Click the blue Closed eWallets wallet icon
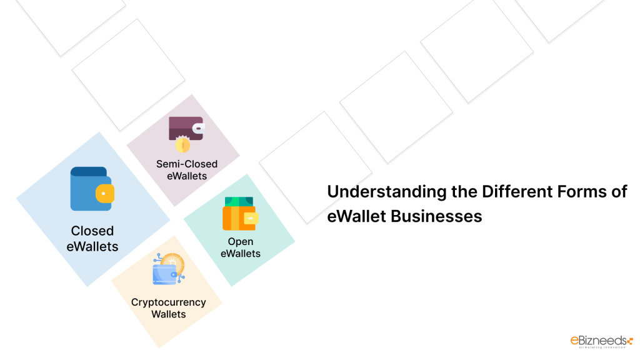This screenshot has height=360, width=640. (x=91, y=189)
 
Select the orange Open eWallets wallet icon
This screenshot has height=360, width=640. (x=239, y=214)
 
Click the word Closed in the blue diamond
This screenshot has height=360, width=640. (x=92, y=231)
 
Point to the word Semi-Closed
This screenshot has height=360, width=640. (x=187, y=164)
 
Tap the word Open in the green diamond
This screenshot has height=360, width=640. (x=241, y=242)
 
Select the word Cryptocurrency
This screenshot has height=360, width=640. (x=168, y=302)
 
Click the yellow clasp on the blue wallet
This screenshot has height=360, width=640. (x=104, y=194)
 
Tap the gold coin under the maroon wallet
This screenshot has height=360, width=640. (x=182, y=146)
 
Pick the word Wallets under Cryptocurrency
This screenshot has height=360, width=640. (x=168, y=314)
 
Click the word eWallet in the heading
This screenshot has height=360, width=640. (x=357, y=216)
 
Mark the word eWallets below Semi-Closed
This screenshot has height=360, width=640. (x=187, y=176)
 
